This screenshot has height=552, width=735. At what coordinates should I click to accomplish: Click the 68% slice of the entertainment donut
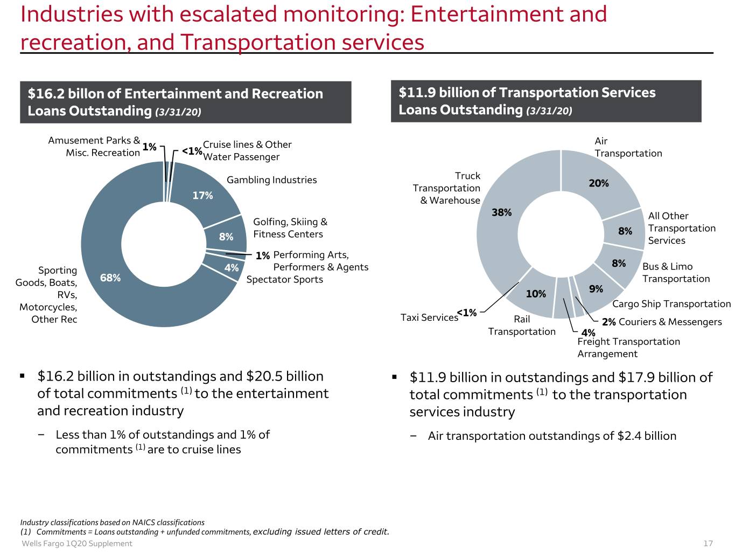(110, 278)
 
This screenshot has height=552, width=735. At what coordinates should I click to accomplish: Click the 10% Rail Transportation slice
(536, 294)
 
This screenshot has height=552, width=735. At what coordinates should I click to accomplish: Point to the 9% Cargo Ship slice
(596, 289)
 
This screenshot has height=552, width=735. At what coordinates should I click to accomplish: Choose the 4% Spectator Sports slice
(231, 268)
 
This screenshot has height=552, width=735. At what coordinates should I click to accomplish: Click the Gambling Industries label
(271, 180)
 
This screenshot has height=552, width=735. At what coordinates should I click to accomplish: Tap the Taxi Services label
(429, 318)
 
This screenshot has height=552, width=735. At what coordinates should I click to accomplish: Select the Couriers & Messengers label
(670, 322)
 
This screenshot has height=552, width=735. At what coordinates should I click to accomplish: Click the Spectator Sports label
(285, 280)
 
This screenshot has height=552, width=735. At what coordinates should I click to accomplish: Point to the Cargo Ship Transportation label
(671, 304)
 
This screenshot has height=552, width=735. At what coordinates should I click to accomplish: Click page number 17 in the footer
(708, 543)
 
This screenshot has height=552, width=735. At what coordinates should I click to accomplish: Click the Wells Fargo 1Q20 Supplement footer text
(77, 543)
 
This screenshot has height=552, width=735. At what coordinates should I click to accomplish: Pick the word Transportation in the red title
(258, 42)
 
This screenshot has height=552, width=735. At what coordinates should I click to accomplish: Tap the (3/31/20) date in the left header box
(178, 112)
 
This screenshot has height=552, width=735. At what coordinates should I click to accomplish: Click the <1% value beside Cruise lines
(192, 151)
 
